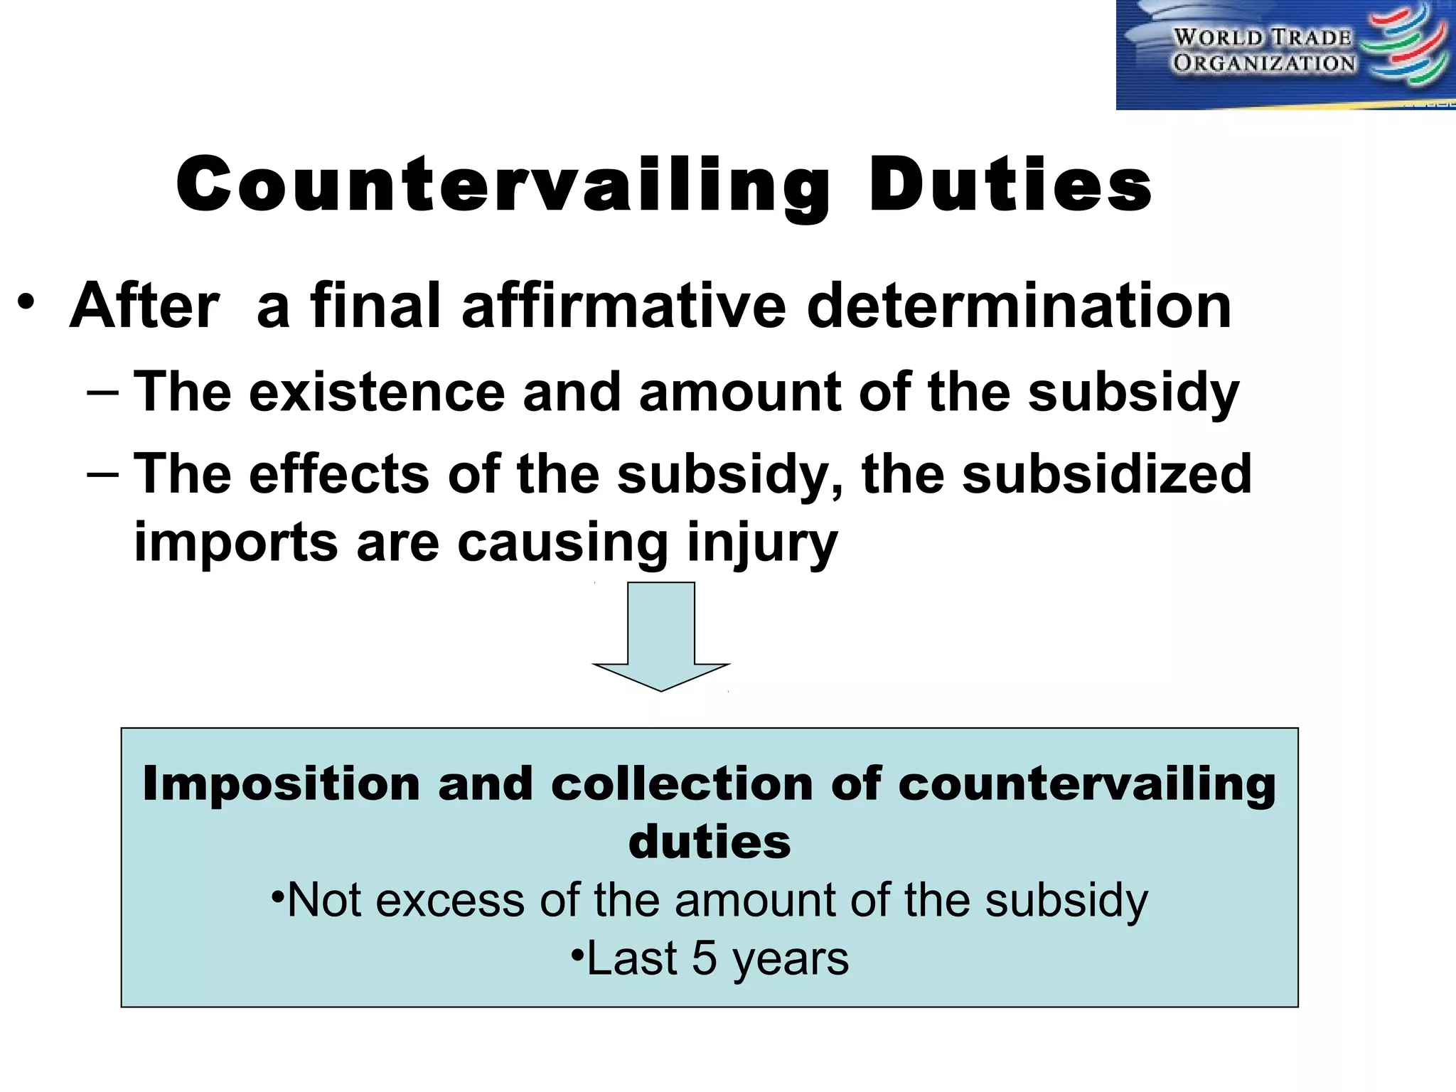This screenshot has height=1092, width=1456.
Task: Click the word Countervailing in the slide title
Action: tap(503, 186)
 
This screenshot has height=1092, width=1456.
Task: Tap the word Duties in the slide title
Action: tap(1010, 186)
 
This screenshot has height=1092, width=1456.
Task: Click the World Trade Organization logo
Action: tap(1285, 55)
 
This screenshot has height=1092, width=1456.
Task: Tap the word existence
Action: tap(377, 392)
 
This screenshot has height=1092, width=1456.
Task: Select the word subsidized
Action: tap(1106, 474)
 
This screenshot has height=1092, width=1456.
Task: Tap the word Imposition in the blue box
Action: tap(282, 783)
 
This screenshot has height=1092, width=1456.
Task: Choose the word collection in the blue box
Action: tap(682, 783)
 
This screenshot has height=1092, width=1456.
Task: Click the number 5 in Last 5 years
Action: tap(704, 958)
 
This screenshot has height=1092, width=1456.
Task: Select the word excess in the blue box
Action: tap(451, 900)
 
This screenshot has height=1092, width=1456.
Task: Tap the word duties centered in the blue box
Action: tap(710, 842)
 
